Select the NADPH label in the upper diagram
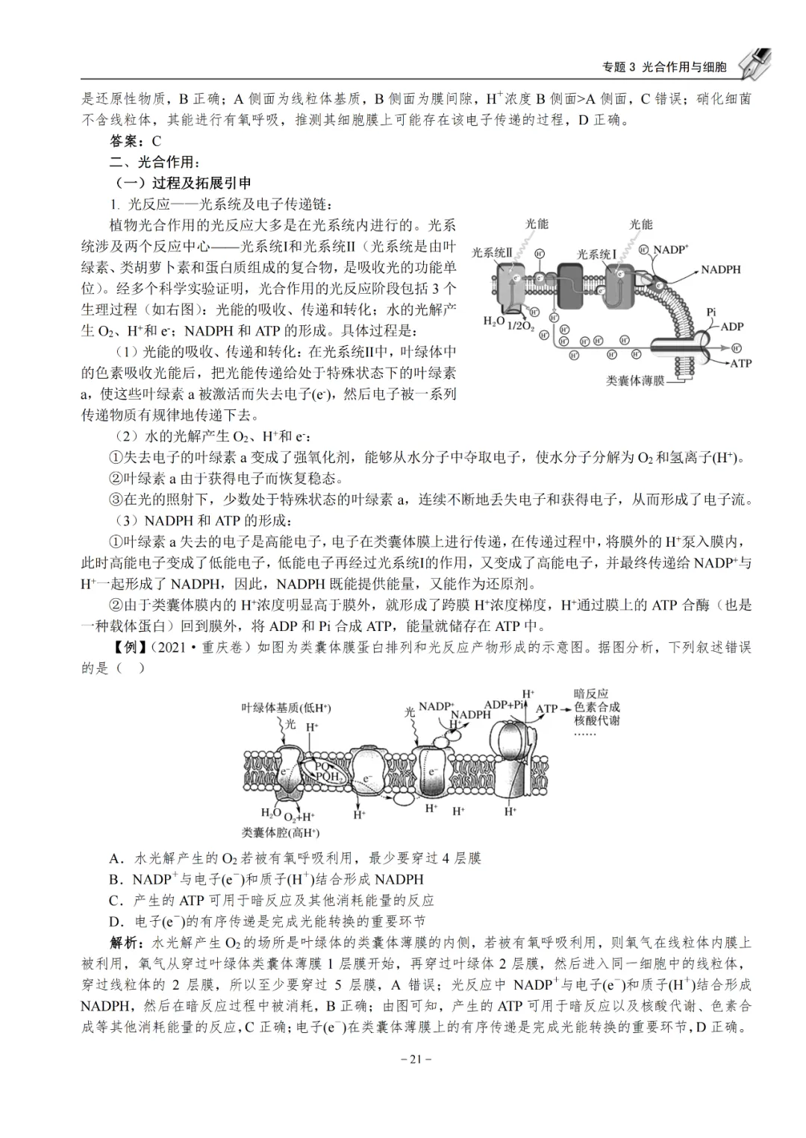tap(720, 269)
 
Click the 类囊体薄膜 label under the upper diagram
tap(635, 380)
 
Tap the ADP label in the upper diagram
tap(731, 326)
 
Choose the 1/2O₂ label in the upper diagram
tap(520, 326)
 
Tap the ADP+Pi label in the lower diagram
tap(505, 705)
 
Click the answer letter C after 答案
tap(156, 141)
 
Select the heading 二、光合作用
tap(154, 162)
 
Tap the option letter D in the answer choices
tap(115, 921)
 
